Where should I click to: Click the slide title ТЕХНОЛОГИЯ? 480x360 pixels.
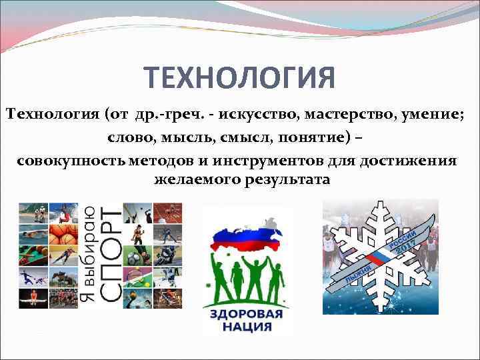[239, 79]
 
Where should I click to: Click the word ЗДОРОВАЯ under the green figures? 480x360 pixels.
[247, 314]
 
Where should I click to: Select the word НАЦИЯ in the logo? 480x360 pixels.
[247, 327]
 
